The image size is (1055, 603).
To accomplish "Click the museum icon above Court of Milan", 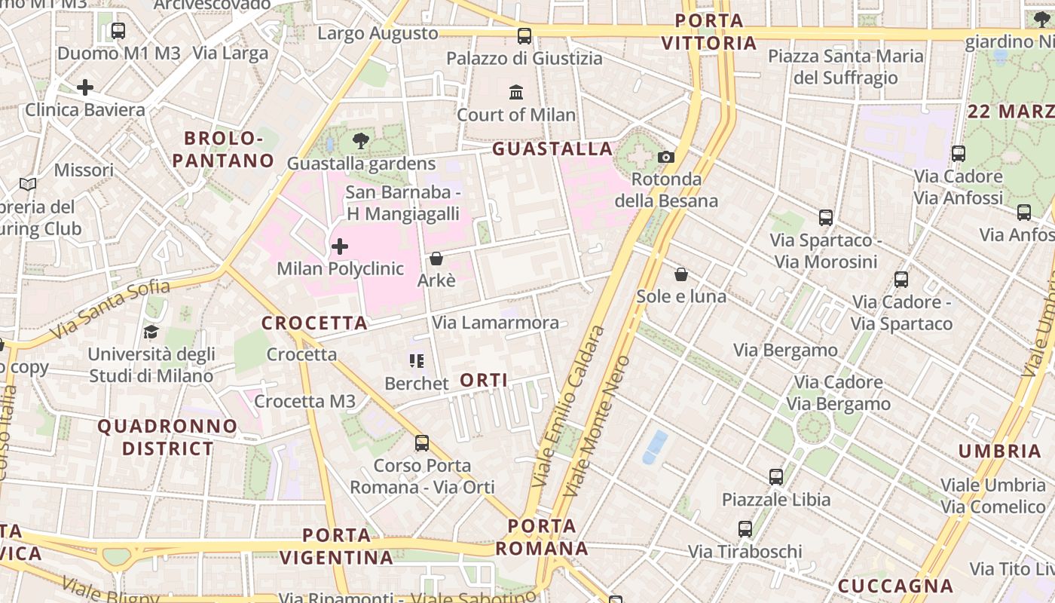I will pyautogui.click(x=516, y=93).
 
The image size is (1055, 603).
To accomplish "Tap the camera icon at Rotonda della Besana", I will pyautogui.click(x=666, y=157).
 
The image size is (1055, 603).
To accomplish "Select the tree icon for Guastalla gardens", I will pyautogui.click(x=361, y=140).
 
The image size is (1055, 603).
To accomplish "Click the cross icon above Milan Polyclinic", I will pyautogui.click(x=340, y=246).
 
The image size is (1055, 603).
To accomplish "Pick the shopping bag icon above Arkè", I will pyautogui.click(x=436, y=259).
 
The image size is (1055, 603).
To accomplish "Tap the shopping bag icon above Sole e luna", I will pyautogui.click(x=681, y=274).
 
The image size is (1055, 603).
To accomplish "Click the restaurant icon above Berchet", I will pyautogui.click(x=416, y=362).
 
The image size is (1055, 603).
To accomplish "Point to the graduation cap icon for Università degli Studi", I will pyautogui.click(x=151, y=332).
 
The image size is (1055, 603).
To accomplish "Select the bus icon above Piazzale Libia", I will pyautogui.click(x=776, y=477).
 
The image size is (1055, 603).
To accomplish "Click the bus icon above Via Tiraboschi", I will pyautogui.click(x=745, y=529).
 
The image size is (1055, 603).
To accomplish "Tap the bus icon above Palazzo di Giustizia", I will pyautogui.click(x=524, y=36).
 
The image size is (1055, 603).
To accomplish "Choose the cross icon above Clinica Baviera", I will pyautogui.click(x=85, y=87).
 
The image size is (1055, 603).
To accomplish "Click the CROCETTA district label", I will pyautogui.click(x=314, y=323).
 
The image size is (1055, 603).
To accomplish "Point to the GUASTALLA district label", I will pyautogui.click(x=552, y=149).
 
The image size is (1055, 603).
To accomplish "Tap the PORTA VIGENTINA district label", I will pyautogui.click(x=337, y=546).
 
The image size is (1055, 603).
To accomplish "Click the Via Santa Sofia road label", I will pyautogui.click(x=110, y=310).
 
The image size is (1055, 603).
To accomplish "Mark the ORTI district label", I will pyautogui.click(x=484, y=381).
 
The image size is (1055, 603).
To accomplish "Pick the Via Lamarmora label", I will pyautogui.click(x=495, y=323).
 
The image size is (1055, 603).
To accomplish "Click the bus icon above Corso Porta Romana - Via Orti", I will pyautogui.click(x=422, y=443).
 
